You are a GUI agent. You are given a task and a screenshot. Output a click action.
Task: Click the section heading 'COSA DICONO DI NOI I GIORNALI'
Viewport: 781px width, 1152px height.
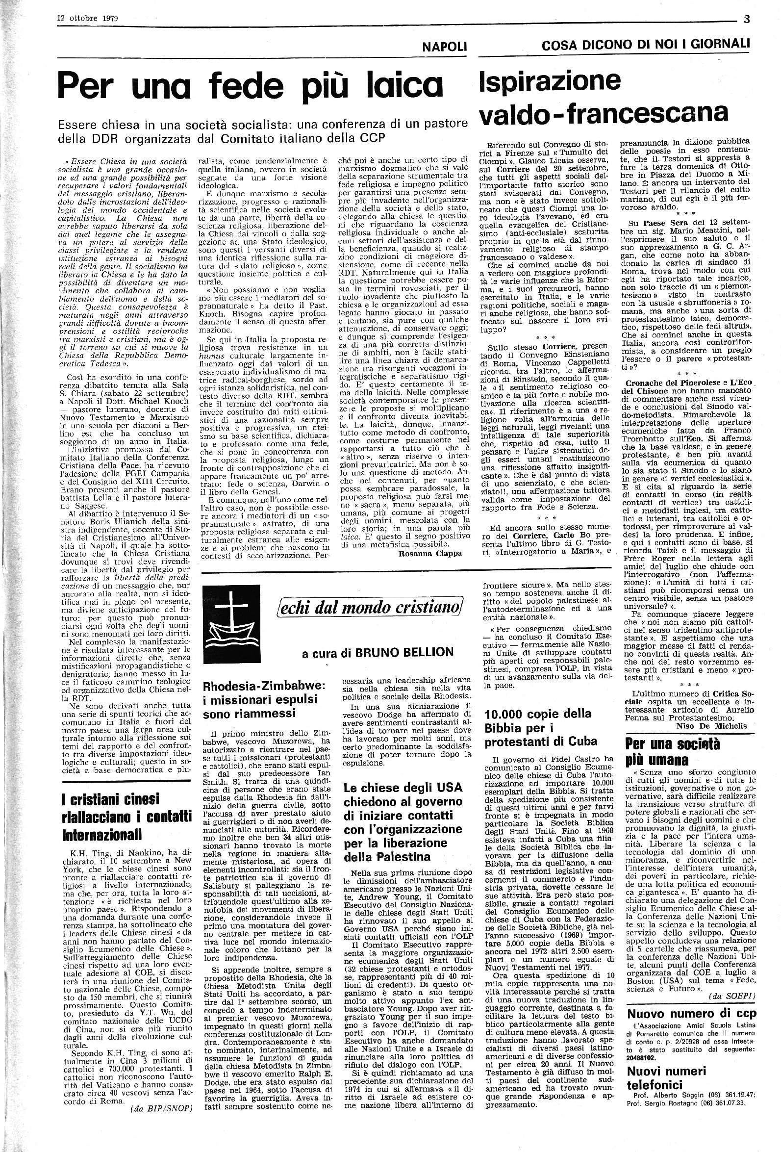click(x=646, y=46)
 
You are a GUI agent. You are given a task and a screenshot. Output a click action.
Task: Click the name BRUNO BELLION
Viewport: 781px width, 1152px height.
click(x=404, y=652)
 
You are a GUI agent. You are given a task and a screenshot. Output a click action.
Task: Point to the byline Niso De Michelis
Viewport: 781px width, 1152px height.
click(x=711, y=726)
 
